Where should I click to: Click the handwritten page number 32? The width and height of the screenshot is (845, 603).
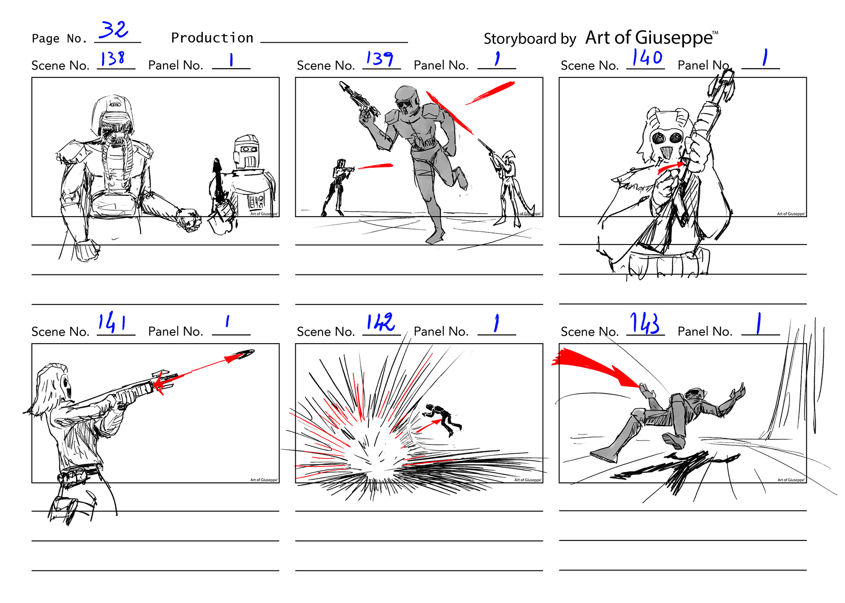114,30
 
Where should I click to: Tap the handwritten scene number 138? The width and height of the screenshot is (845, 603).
113,59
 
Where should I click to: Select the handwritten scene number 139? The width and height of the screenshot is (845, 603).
380,59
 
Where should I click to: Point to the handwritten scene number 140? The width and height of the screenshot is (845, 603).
647,58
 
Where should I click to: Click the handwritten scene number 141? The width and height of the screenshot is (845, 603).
112,322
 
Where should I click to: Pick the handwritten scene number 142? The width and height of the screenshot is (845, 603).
381,322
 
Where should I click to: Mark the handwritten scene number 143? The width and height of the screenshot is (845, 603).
645,323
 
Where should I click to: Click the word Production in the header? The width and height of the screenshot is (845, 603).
212,38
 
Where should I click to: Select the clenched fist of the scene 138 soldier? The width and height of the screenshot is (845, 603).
189,219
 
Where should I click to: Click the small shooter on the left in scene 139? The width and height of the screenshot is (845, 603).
337,187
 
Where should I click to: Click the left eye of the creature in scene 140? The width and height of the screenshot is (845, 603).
659,138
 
